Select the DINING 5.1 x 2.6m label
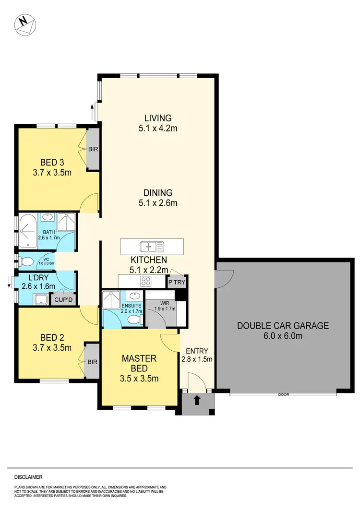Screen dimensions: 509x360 [158, 198]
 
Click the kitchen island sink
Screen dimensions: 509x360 [152, 247]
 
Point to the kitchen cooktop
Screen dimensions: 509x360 [146, 281]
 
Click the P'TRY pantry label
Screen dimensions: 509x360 [176, 283]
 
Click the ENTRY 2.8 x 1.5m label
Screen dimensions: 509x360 [197, 354]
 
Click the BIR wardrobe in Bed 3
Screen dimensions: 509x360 [93, 149]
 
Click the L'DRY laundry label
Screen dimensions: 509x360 [38, 283]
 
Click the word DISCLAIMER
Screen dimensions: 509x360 [28, 477]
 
